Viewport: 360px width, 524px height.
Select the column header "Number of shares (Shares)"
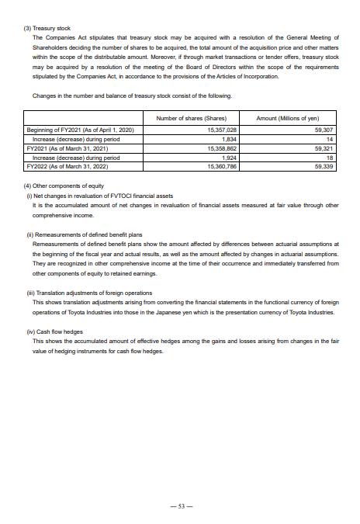point(191,117)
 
